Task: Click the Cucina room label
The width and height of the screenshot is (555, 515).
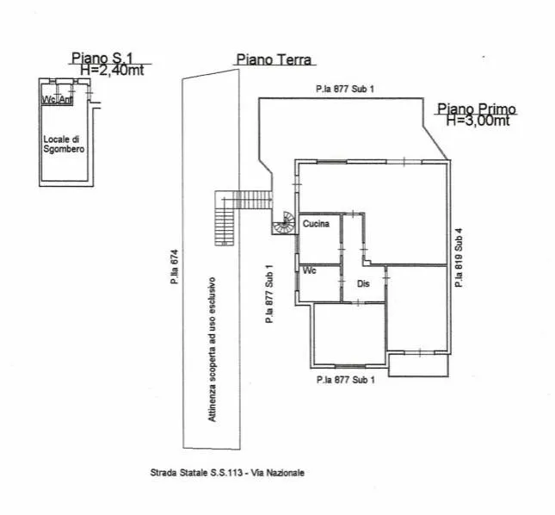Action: pyautogui.click(x=316, y=224)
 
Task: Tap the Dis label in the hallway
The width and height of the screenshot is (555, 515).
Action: pyautogui.click(x=363, y=283)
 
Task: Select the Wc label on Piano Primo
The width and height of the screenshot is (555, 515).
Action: pyautogui.click(x=310, y=270)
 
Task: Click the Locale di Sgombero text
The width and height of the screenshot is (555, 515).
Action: pyautogui.click(x=64, y=144)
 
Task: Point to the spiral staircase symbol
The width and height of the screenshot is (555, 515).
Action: pyautogui.click(x=284, y=223)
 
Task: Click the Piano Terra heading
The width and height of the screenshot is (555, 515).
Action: pyautogui.click(x=274, y=59)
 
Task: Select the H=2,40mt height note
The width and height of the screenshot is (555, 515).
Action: pyautogui.click(x=112, y=70)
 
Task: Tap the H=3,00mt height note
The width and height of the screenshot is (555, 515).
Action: pyautogui.click(x=478, y=121)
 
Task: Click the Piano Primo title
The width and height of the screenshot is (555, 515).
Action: pyautogui.click(x=477, y=109)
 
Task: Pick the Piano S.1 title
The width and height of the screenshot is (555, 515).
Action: pyautogui.click(x=102, y=58)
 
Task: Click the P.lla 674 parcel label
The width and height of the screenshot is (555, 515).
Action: pyautogui.click(x=174, y=267)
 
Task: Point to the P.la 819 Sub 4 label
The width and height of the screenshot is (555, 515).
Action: pyautogui.click(x=459, y=257)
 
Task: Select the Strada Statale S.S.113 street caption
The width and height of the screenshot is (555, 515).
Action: pyautogui.click(x=227, y=473)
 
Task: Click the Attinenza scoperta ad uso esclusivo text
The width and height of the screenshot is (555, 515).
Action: pyautogui.click(x=212, y=350)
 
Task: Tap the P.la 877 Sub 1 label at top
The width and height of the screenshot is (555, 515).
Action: pyautogui.click(x=345, y=89)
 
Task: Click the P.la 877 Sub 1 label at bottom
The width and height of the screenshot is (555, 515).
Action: pyautogui.click(x=345, y=380)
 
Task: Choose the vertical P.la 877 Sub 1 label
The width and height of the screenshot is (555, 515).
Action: pyautogui.click(x=269, y=294)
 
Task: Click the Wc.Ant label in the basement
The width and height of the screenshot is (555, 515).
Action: pyautogui.click(x=57, y=100)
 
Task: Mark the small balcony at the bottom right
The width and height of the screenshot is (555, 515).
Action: pyautogui.click(x=419, y=364)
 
